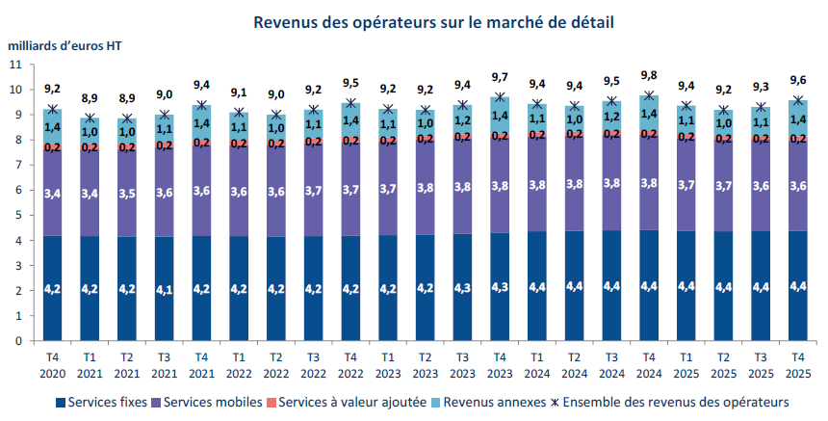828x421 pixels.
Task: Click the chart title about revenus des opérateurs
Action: click(433, 21)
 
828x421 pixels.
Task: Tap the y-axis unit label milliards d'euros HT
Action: click(65, 45)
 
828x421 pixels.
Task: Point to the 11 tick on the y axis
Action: click(14, 65)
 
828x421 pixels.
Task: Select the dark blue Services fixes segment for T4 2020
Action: click(53, 287)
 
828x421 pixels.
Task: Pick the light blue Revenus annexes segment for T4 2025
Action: click(798, 118)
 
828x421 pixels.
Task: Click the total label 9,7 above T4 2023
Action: click(499, 77)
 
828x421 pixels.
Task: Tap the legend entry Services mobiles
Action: click(208, 401)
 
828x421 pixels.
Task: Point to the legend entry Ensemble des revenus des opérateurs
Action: click(673, 401)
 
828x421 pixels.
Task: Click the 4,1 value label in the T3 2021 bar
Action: click(165, 287)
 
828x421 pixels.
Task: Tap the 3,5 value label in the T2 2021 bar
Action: click(127, 193)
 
